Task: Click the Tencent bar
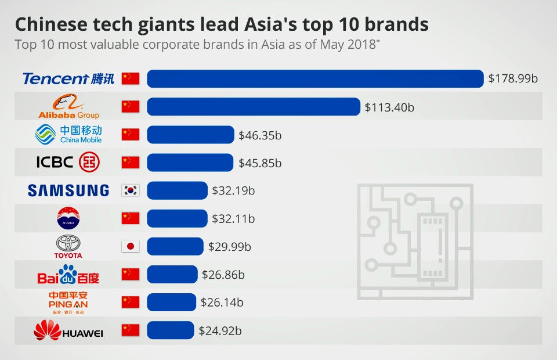point(315,78)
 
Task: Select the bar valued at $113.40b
point(254,107)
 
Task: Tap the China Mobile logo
point(68,135)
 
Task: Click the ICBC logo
point(67,163)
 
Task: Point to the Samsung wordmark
point(68,190)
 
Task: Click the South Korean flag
point(131,190)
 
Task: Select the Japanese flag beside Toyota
point(131,246)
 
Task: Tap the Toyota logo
point(68,246)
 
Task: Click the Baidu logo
point(68,275)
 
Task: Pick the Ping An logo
point(68,303)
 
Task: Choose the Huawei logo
point(68,331)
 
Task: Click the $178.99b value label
point(513,78)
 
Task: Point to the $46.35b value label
point(260,135)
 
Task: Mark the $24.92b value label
point(220,331)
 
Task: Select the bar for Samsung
point(177,190)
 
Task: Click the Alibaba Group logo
point(68,107)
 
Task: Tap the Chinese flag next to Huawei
point(131,330)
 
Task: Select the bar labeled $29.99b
point(175,246)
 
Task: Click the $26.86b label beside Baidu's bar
point(223,275)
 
